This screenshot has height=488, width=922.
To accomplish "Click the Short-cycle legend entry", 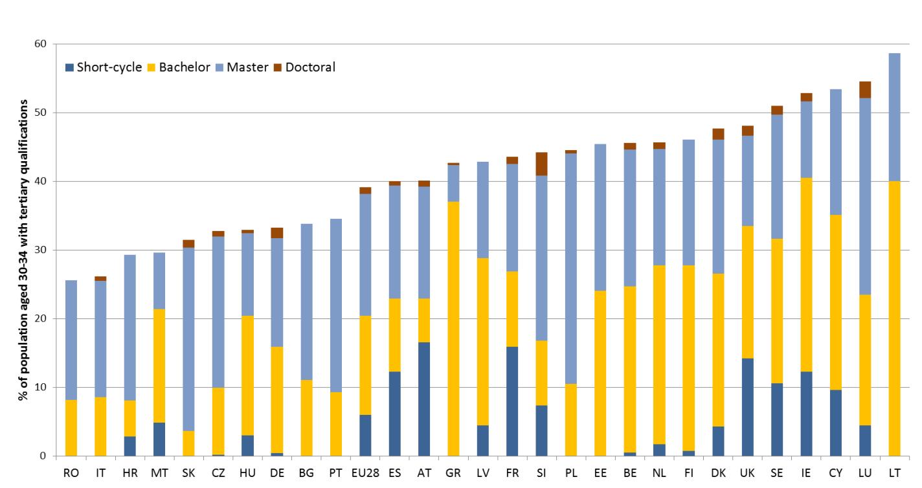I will [107, 67].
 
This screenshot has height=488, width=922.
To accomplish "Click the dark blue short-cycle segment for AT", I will [424, 399].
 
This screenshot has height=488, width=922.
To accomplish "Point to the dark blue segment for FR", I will [512, 401].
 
